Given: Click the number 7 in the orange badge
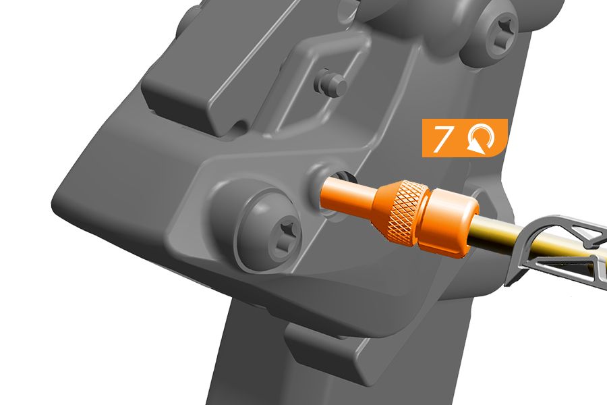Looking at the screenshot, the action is click(x=442, y=138).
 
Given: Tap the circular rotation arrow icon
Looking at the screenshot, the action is click(x=481, y=139).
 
